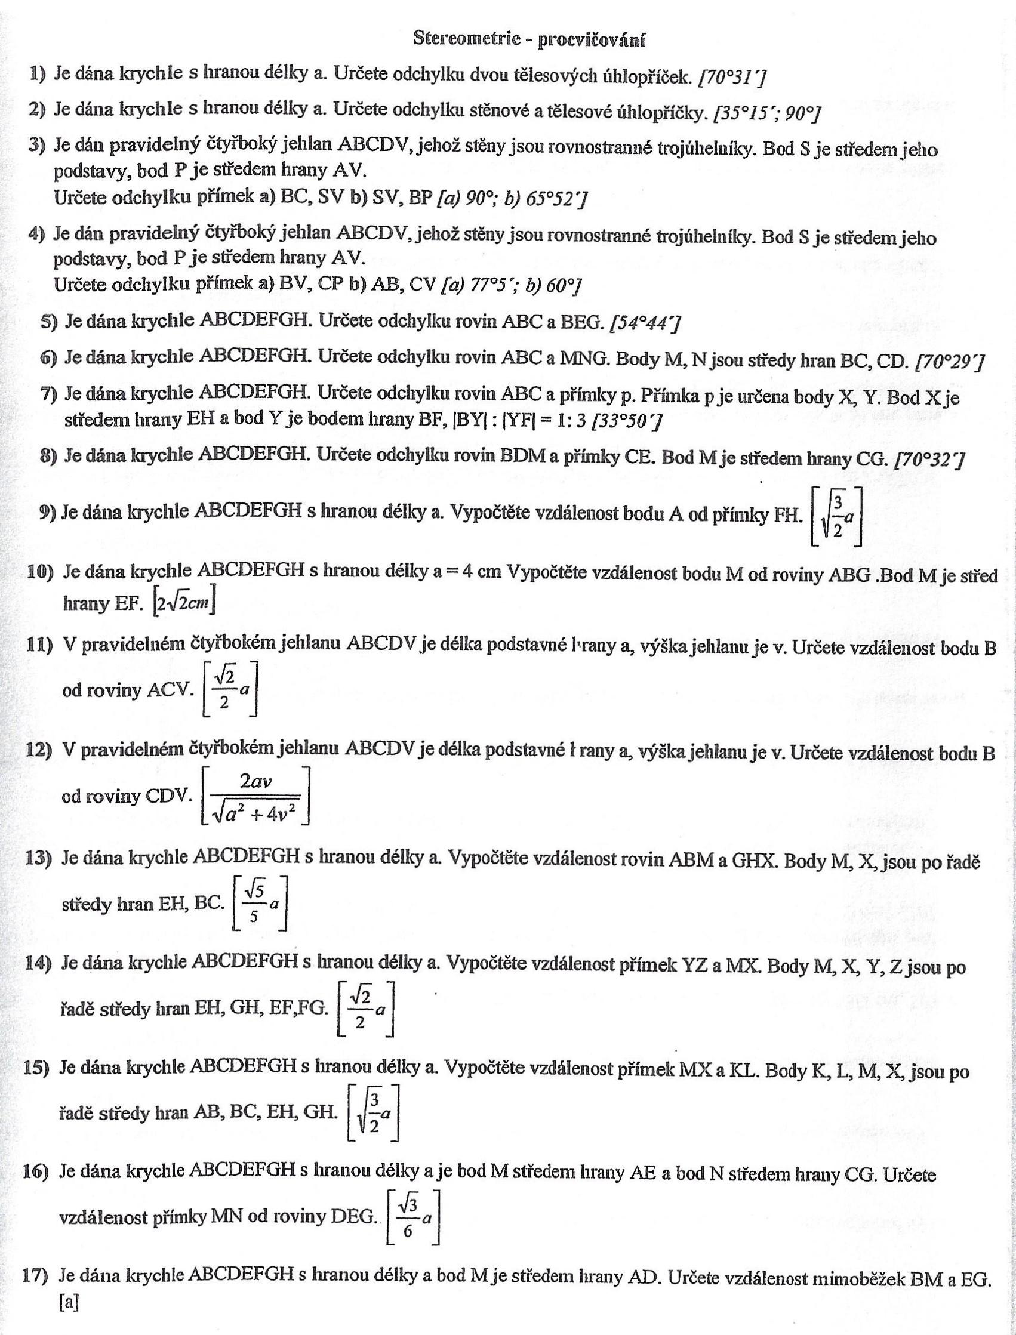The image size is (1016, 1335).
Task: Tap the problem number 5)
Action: pyautogui.click(x=48, y=321)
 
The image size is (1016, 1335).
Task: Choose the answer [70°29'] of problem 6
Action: pyautogui.click(x=950, y=362)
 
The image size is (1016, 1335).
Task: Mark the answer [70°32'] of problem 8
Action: pyautogui.click(x=929, y=460)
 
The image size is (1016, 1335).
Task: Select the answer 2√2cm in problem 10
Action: pyautogui.click(x=184, y=603)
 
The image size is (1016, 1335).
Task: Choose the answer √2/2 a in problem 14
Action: pyautogui.click(x=365, y=1008)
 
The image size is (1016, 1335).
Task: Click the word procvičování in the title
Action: pyautogui.click(x=592, y=39)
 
